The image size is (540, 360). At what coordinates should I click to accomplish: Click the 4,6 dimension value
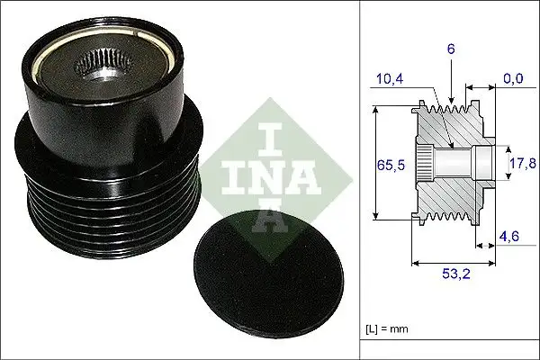click(509, 237)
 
